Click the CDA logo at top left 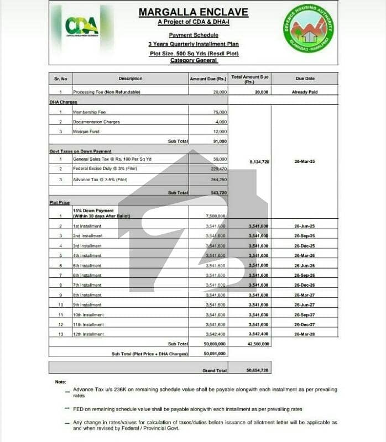(81, 26)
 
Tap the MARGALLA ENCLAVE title (194, 12)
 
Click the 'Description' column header (131, 78)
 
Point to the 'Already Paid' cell (304, 92)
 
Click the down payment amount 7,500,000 (215, 216)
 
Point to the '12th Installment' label (88, 334)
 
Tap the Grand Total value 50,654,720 (257, 370)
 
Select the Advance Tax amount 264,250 (217, 180)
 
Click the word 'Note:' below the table (60, 382)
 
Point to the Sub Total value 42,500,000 (258, 344)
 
